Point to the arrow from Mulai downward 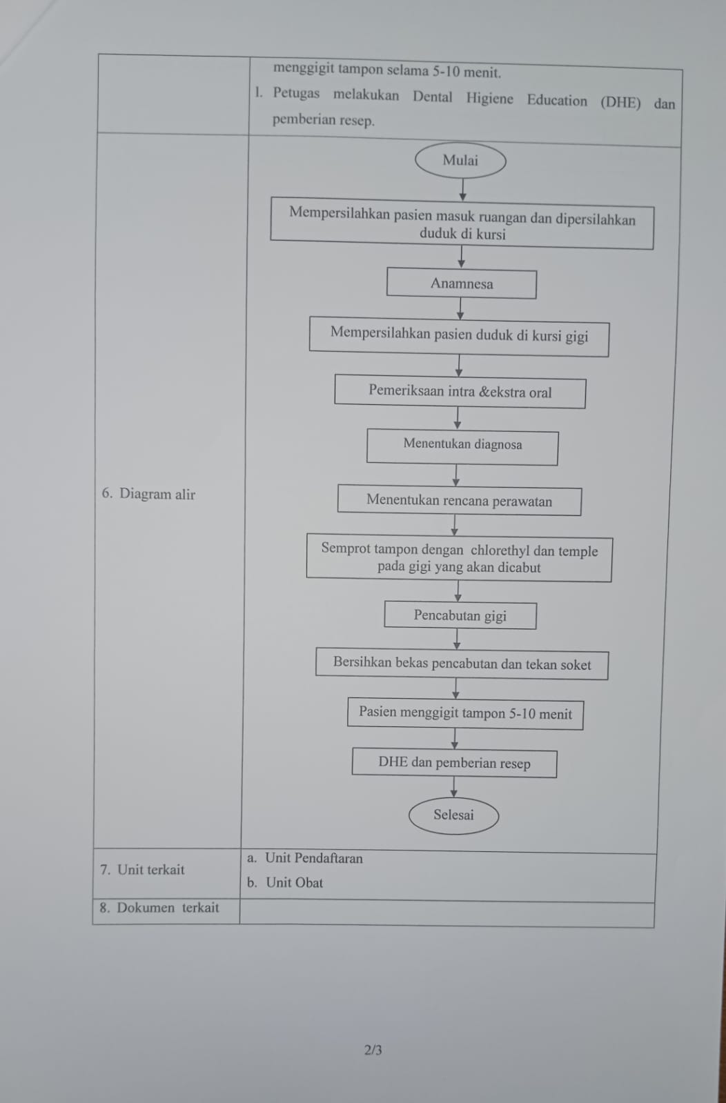462,190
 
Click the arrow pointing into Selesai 454,787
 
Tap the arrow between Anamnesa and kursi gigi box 460,309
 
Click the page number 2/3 373,1051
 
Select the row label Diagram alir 148,493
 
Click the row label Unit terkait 142,870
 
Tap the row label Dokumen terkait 159,908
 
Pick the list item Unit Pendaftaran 305,858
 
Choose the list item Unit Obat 285,882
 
